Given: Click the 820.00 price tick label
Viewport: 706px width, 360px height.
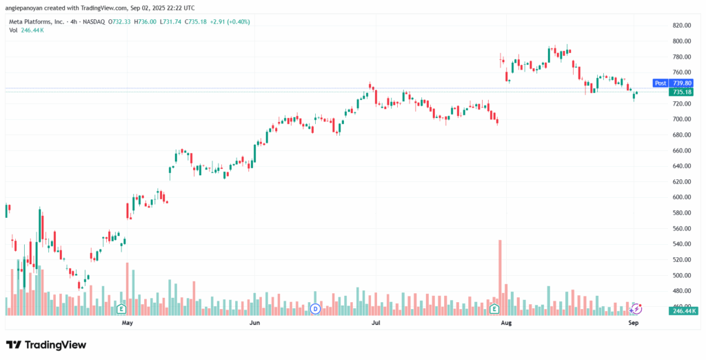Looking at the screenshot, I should click(x=681, y=26).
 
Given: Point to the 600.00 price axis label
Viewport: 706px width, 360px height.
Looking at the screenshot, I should click(x=681, y=197).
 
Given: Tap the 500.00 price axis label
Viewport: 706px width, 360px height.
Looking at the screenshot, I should click(x=681, y=275).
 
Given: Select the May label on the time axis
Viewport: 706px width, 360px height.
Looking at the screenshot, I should click(x=126, y=323).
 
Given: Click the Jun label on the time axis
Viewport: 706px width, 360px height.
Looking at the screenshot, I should click(x=254, y=323).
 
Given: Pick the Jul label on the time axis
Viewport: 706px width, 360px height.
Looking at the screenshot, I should click(x=376, y=323).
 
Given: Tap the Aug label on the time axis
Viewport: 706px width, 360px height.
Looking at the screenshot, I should click(x=505, y=323).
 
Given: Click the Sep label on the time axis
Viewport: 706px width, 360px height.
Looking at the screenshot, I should click(x=634, y=323).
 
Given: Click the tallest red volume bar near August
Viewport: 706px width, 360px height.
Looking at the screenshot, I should click(x=500, y=276).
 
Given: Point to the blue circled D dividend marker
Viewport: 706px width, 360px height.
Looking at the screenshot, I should click(x=316, y=308).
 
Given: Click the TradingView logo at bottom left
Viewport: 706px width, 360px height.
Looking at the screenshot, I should click(x=46, y=344).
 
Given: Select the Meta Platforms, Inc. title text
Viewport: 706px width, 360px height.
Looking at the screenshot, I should click(x=36, y=22).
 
